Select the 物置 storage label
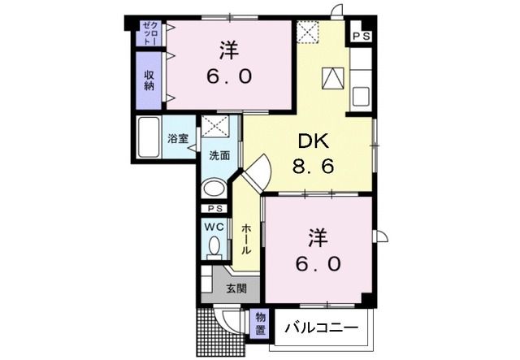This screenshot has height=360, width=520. point(260,323)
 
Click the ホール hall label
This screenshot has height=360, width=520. point(245,241)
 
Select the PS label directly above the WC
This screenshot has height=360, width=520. point(213,209)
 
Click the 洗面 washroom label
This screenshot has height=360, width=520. point(219,155)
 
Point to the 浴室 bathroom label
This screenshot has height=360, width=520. point(178,139)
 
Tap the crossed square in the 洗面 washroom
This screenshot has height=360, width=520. point(215,128)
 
